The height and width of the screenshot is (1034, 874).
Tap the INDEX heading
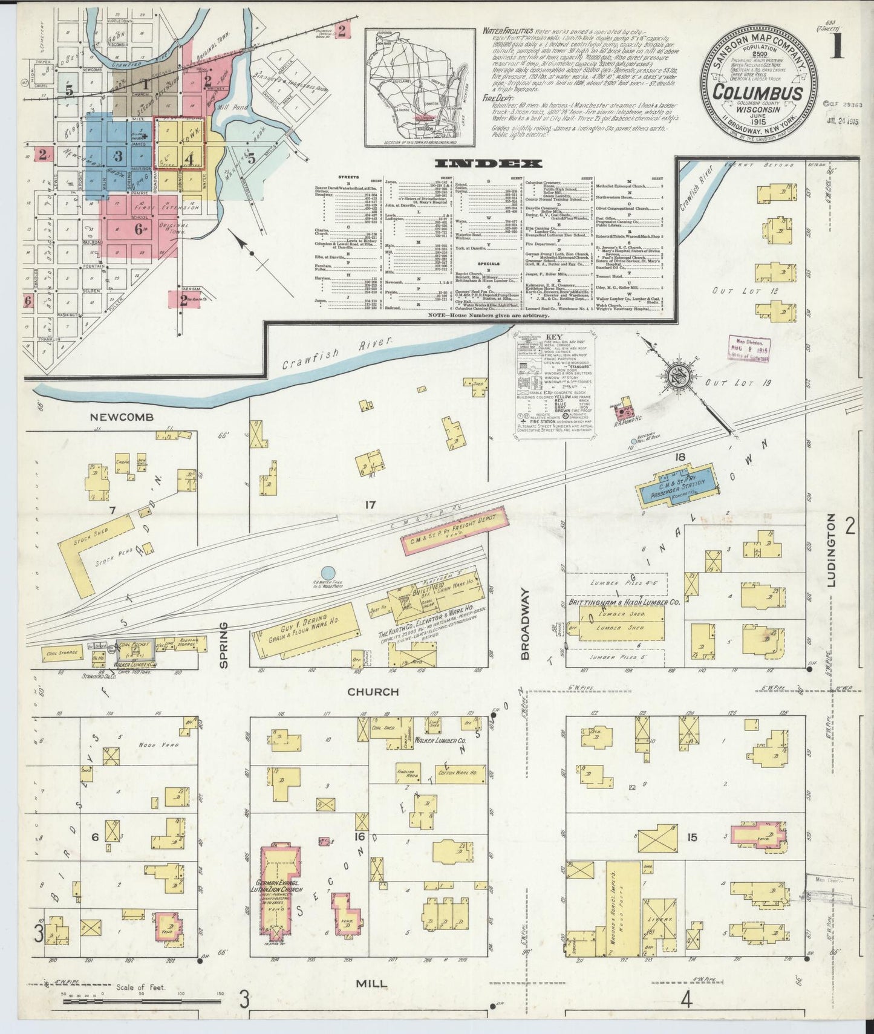tap(489, 163)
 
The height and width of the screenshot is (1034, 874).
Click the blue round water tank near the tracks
tap(327, 571)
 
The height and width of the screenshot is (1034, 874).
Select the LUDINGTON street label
tap(830, 550)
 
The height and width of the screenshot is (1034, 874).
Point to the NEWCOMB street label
tap(122, 417)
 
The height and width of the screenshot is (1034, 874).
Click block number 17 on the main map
tap(370, 503)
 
